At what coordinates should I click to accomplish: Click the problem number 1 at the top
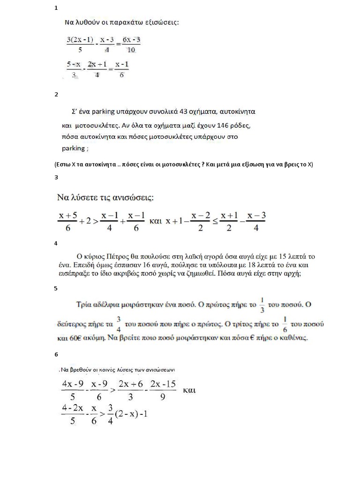56,8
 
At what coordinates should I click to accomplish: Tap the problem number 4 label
56,243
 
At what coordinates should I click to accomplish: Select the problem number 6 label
56,354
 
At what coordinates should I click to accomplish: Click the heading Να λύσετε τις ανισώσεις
106,197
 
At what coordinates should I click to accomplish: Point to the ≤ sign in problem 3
216,220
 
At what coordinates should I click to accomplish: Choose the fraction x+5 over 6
67,220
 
